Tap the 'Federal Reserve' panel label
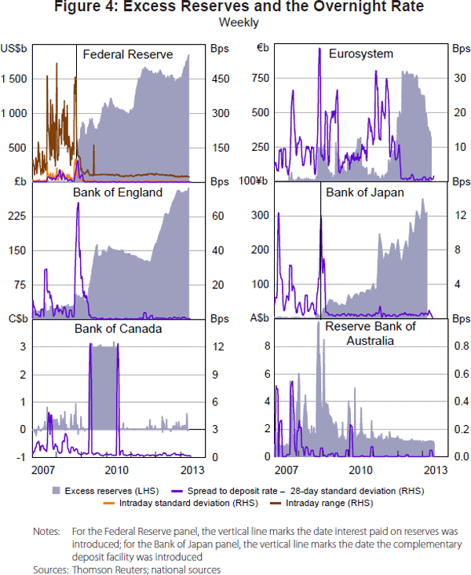[128, 54]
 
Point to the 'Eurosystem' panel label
[361, 54]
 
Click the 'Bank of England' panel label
[118, 192]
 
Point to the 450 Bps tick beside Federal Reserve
[219, 79]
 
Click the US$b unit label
[15, 48]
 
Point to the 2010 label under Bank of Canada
[117, 470]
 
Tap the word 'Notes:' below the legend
[46, 532]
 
